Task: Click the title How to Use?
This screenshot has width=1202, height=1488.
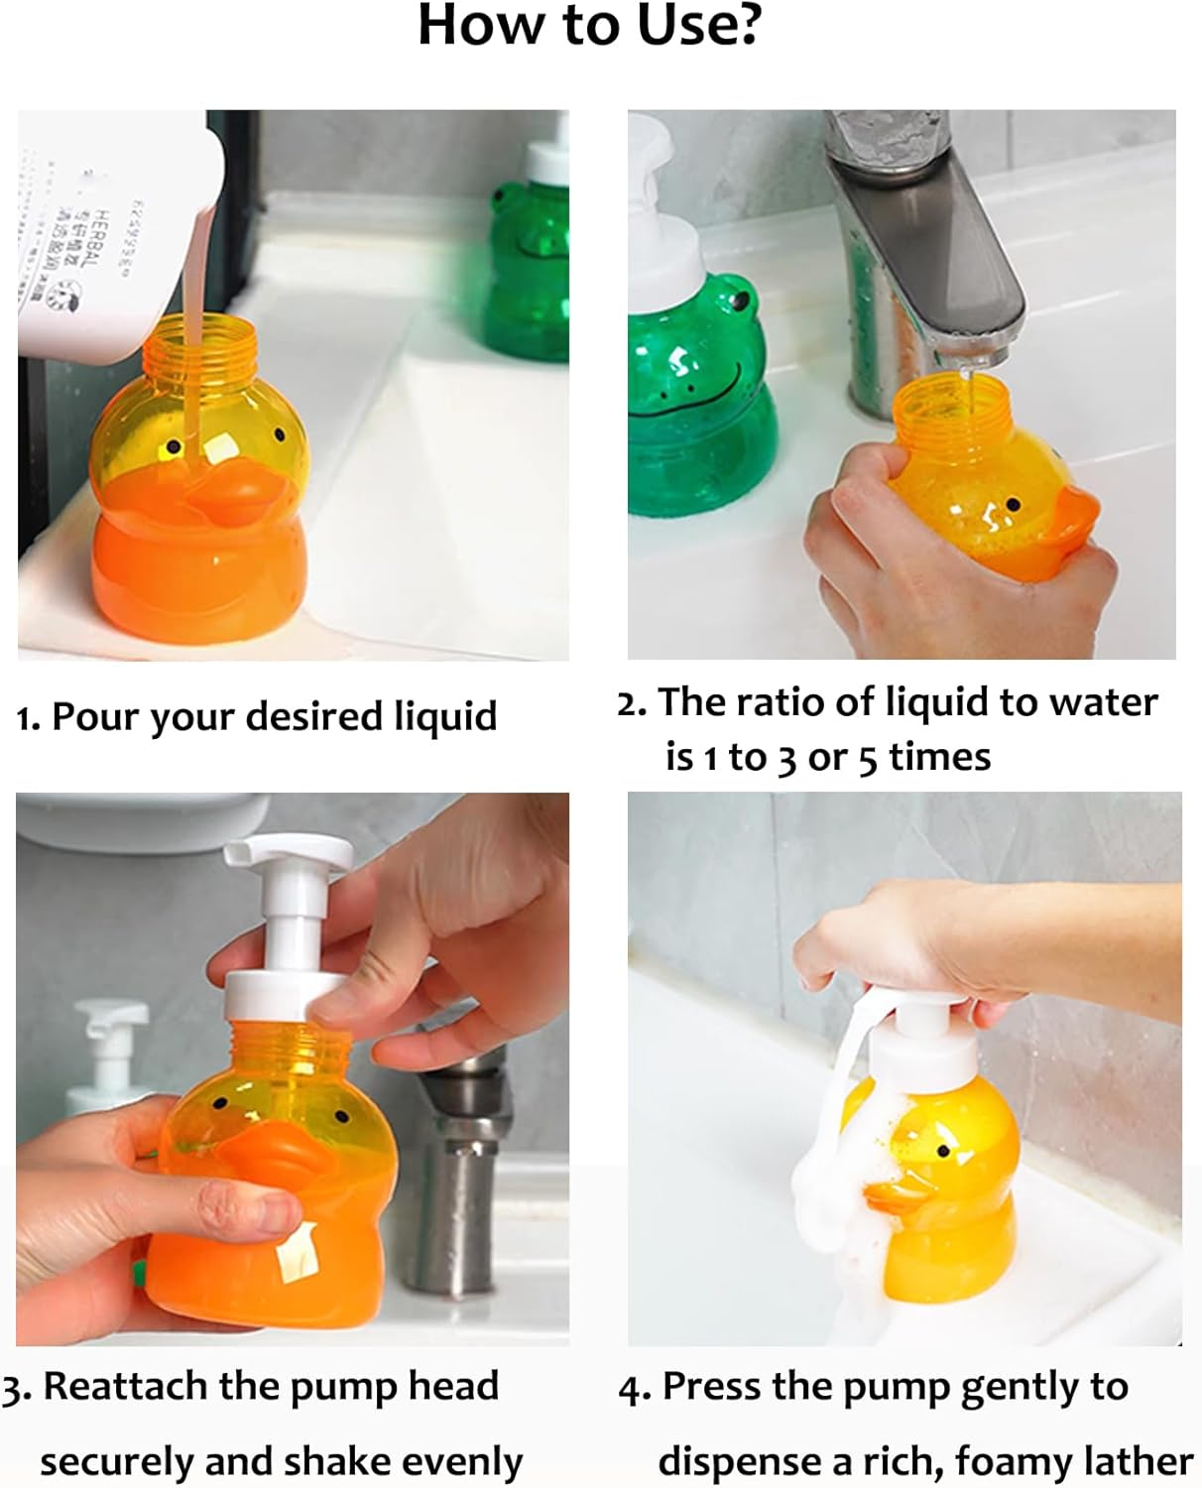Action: (x=589, y=26)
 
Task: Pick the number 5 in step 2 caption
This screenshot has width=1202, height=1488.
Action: (x=868, y=759)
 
